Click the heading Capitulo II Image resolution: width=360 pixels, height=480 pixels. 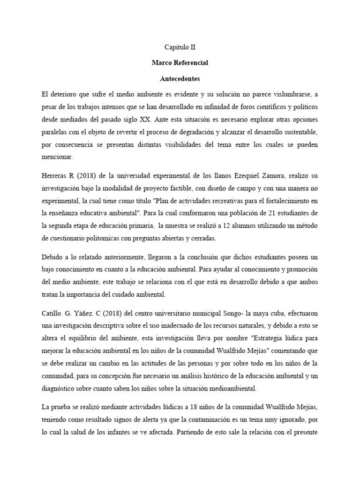coord(180,47)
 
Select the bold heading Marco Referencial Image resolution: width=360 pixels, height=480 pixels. coord(180,62)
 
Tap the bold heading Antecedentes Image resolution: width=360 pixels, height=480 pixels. coord(180,78)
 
